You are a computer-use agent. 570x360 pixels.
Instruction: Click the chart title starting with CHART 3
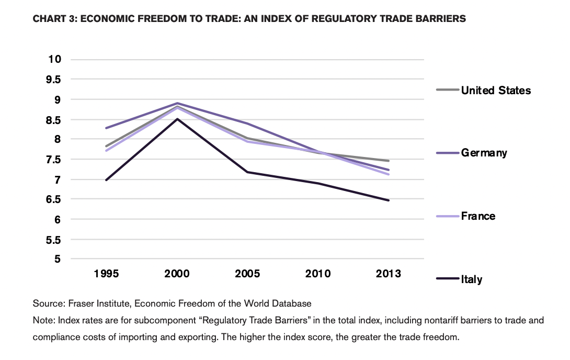point(249,19)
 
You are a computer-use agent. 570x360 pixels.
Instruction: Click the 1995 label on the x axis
point(107,274)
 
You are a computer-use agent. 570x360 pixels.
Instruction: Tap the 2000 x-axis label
point(177,274)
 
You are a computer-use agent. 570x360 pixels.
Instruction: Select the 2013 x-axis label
point(389,274)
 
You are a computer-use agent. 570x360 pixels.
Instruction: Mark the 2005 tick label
point(248,274)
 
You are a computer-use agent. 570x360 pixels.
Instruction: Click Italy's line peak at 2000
point(177,119)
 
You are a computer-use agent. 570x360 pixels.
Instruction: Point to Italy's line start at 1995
point(107,179)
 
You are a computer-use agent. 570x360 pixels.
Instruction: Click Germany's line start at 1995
point(107,128)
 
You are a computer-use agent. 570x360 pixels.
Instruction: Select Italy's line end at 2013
point(389,200)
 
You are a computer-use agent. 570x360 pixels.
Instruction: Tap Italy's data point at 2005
point(248,172)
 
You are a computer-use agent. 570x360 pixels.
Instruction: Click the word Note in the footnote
point(42,320)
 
